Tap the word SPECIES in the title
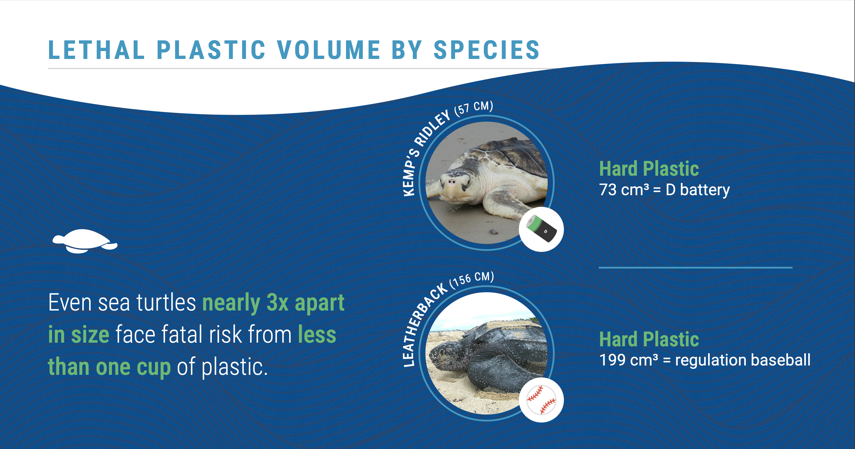tap(487, 50)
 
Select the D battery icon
tap(542, 229)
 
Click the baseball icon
tap(541, 400)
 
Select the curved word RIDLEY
tap(431, 128)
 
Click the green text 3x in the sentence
tap(277, 303)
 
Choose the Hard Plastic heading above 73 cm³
tap(649, 169)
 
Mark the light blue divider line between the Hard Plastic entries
tap(695, 267)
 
